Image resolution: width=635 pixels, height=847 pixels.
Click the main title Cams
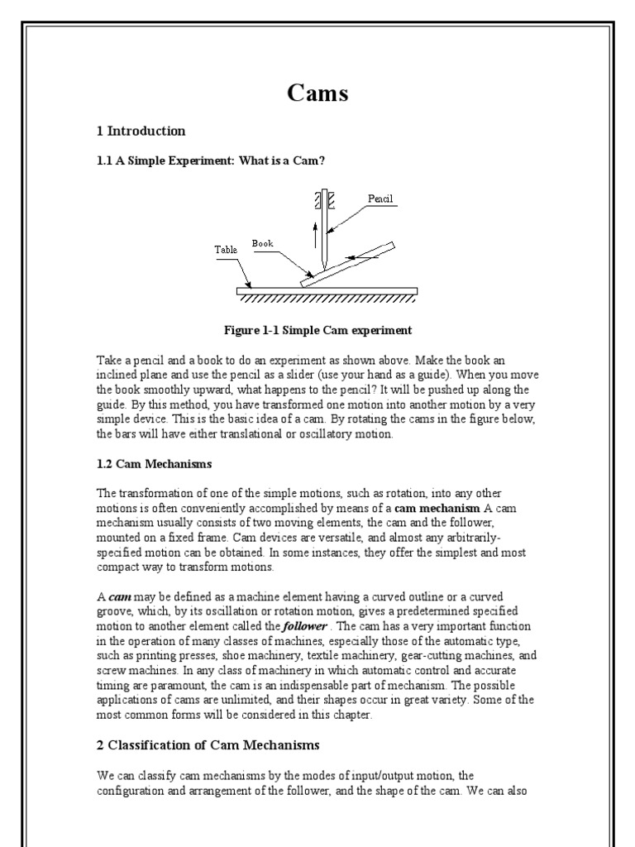point(317,93)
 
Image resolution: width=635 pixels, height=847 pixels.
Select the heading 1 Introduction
point(141,131)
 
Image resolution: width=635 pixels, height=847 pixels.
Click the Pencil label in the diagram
point(381,199)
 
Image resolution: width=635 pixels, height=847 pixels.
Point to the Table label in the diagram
point(225,248)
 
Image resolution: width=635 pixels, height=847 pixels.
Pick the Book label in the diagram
point(262,244)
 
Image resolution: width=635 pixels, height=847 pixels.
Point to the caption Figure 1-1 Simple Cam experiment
point(317,330)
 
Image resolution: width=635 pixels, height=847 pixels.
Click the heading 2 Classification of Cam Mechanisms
point(208,745)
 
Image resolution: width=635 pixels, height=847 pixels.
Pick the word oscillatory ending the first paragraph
point(369,434)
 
